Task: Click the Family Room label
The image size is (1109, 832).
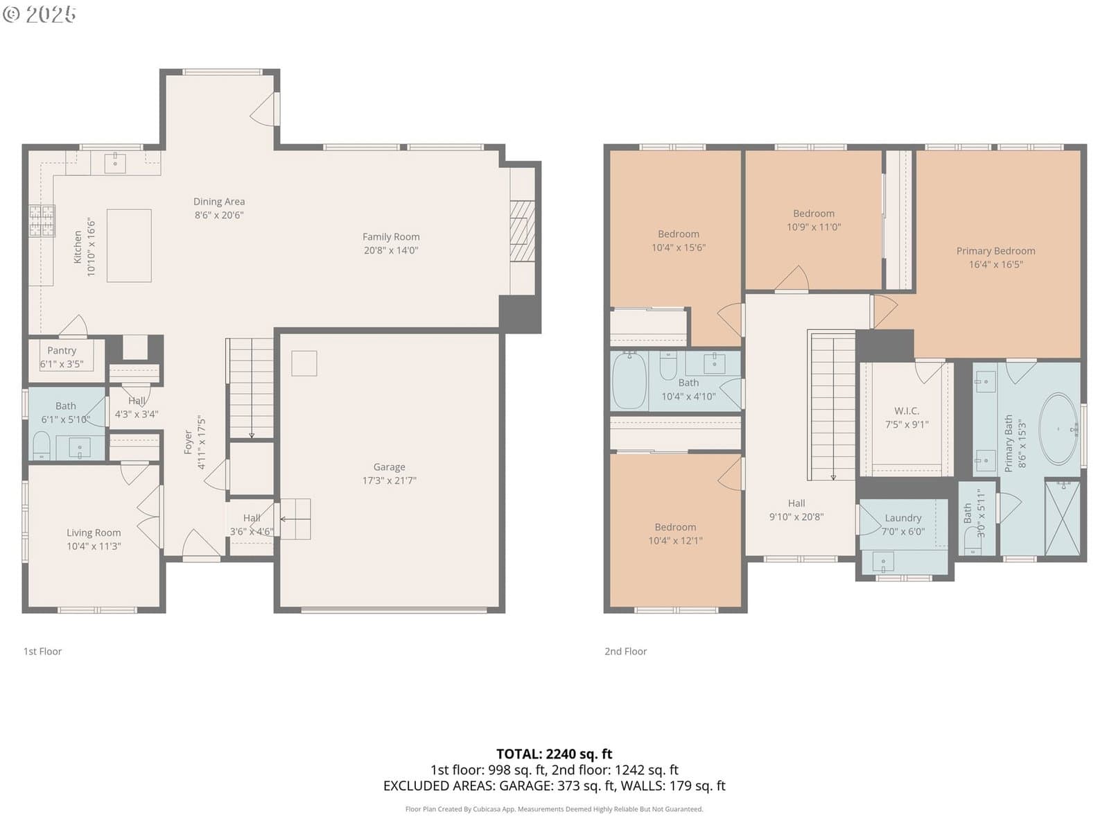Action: [390, 236]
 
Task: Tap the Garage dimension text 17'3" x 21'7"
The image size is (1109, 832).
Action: [389, 480]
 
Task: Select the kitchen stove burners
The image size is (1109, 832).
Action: [42, 220]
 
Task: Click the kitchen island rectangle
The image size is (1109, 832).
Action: [129, 245]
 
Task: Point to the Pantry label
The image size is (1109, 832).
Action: [62, 350]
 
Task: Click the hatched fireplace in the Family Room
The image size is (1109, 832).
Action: [522, 231]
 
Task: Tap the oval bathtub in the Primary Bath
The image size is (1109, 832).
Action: [1058, 429]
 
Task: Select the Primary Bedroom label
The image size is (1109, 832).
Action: [995, 250]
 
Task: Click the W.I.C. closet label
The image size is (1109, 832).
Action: [907, 410]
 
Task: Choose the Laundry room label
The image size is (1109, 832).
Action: [903, 518]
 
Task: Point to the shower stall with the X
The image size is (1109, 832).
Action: [1062, 519]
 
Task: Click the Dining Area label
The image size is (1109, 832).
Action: [219, 202]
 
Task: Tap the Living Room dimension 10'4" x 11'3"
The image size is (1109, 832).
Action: [94, 546]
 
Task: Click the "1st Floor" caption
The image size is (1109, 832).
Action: [42, 651]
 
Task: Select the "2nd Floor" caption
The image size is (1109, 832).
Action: [625, 651]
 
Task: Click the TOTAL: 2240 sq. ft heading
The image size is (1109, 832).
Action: [554, 754]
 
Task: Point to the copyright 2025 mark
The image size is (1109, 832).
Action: [39, 14]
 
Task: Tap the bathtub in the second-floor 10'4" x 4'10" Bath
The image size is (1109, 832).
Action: [629, 381]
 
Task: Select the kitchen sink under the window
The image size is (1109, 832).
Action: [115, 163]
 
